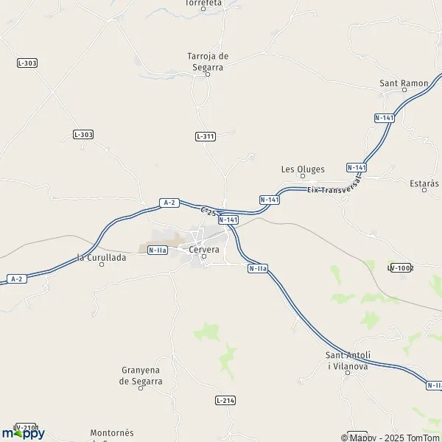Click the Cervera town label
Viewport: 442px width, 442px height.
click(x=205, y=250)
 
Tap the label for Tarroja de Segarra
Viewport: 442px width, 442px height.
click(x=208, y=60)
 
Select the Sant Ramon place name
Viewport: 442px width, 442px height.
click(x=404, y=83)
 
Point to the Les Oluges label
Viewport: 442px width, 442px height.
click(x=303, y=169)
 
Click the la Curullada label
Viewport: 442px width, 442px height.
click(x=102, y=257)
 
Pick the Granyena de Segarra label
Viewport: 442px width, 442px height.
click(x=141, y=376)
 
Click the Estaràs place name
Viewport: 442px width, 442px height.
click(x=424, y=183)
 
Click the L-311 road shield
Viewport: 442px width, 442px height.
click(x=206, y=136)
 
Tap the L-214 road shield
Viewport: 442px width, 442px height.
click(x=226, y=400)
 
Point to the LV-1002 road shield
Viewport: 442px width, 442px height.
click(x=401, y=267)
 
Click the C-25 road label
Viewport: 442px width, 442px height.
click(x=208, y=212)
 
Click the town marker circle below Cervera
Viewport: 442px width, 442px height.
click(x=204, y=257)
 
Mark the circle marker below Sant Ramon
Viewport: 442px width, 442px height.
click(x=404, y=91)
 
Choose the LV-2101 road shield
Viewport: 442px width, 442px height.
click(x=26, y=427)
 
